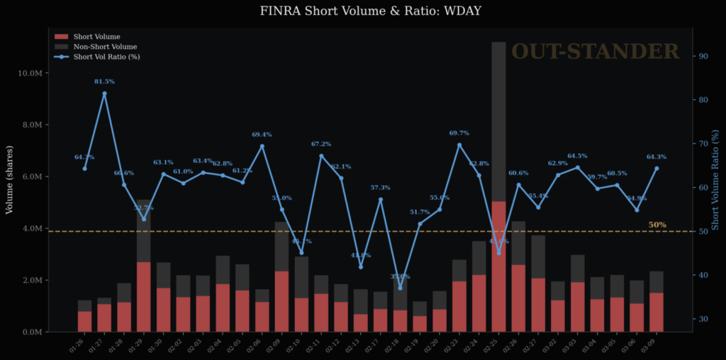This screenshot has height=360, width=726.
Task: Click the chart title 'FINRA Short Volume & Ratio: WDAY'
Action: (362, 11)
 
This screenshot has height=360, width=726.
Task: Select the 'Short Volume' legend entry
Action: (96, 36)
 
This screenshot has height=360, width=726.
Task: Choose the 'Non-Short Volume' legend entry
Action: (105, 47)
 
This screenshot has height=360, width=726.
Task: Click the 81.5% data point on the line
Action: (104, 94)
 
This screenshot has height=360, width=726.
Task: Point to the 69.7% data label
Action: (459, 133)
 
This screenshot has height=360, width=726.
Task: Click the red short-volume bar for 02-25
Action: (498, 266)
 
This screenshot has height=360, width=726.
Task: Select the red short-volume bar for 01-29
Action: (144, 296)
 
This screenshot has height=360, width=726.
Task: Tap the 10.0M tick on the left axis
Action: (33, 73)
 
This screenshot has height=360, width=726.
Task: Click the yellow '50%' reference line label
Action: (657, 225)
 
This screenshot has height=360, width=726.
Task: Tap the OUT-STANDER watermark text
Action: (595, 52)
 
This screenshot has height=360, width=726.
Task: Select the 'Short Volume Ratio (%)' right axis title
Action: (716, 179)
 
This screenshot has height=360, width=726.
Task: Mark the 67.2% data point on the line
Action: (321, 156)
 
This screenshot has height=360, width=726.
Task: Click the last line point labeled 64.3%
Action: (657, 169)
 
